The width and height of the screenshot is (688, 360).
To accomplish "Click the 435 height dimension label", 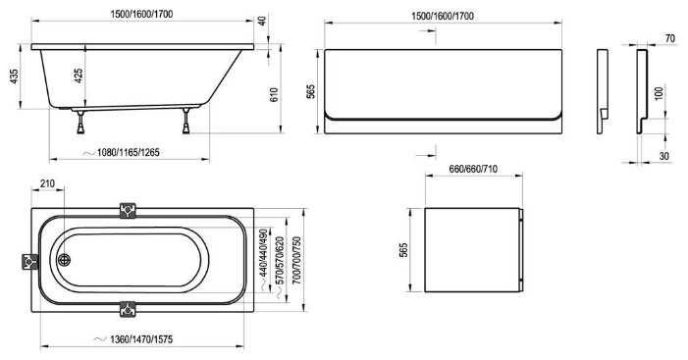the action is pyautogui.click(x=14, y=77).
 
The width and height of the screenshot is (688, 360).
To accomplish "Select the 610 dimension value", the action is pyautogui.click(x=274, y=95).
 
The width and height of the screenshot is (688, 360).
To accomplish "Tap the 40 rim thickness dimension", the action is pyautogui.click(x=262, y=21).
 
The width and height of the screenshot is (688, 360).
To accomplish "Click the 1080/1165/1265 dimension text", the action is pyautogui.click(x=129, y=153).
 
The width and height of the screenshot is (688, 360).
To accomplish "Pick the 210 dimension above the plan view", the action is pyautogui.click(x=47, y=183).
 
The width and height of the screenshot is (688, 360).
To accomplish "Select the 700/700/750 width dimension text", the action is pyautogui.click(x=297, y=261).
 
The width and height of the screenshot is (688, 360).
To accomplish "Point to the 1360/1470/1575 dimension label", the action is pyautogui.click(x=141, y=339).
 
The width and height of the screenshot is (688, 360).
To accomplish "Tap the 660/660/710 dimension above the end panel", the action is pyautogui.click(x=473, y=169).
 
